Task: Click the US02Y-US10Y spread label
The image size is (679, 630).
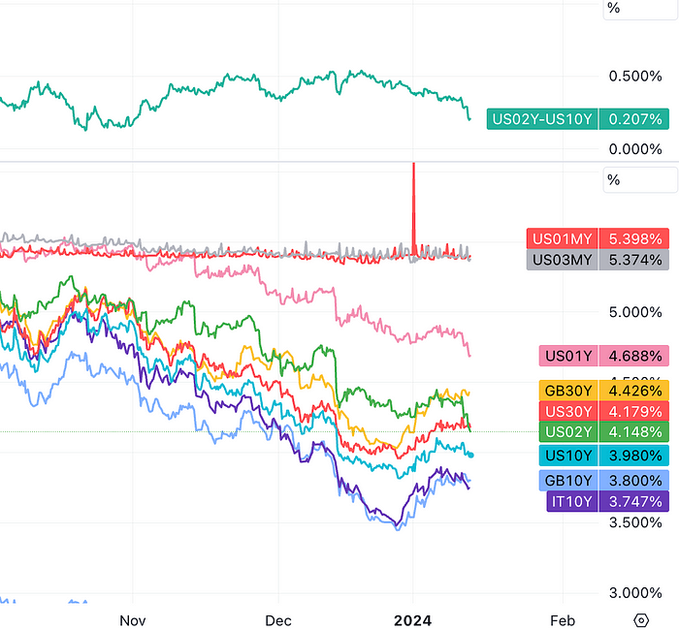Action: tap(543, 119)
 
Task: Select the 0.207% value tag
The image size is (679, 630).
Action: tap(635, 119)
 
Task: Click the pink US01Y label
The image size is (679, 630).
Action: tap(569, 356)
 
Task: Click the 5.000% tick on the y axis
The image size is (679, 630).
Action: tap(635, 312)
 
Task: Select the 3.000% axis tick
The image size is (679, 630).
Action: tap(635, 593)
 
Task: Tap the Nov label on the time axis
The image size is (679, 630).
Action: tap(132, 620)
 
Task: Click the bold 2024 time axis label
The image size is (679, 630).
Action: tap(413, 620)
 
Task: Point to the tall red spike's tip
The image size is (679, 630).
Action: tap(414, 165)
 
